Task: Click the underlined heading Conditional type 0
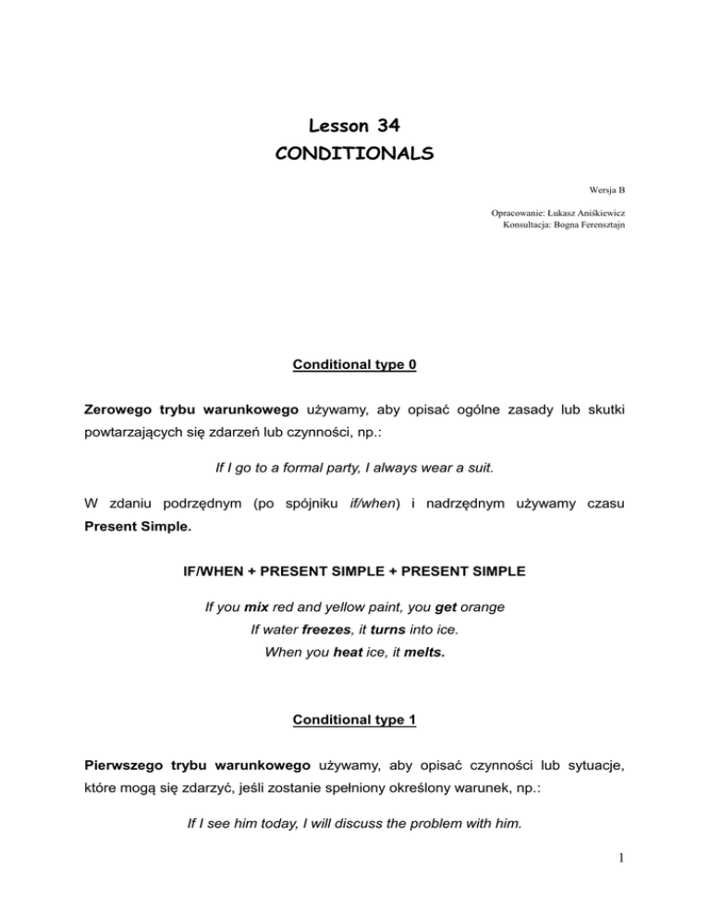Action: click(x=354, y=365)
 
